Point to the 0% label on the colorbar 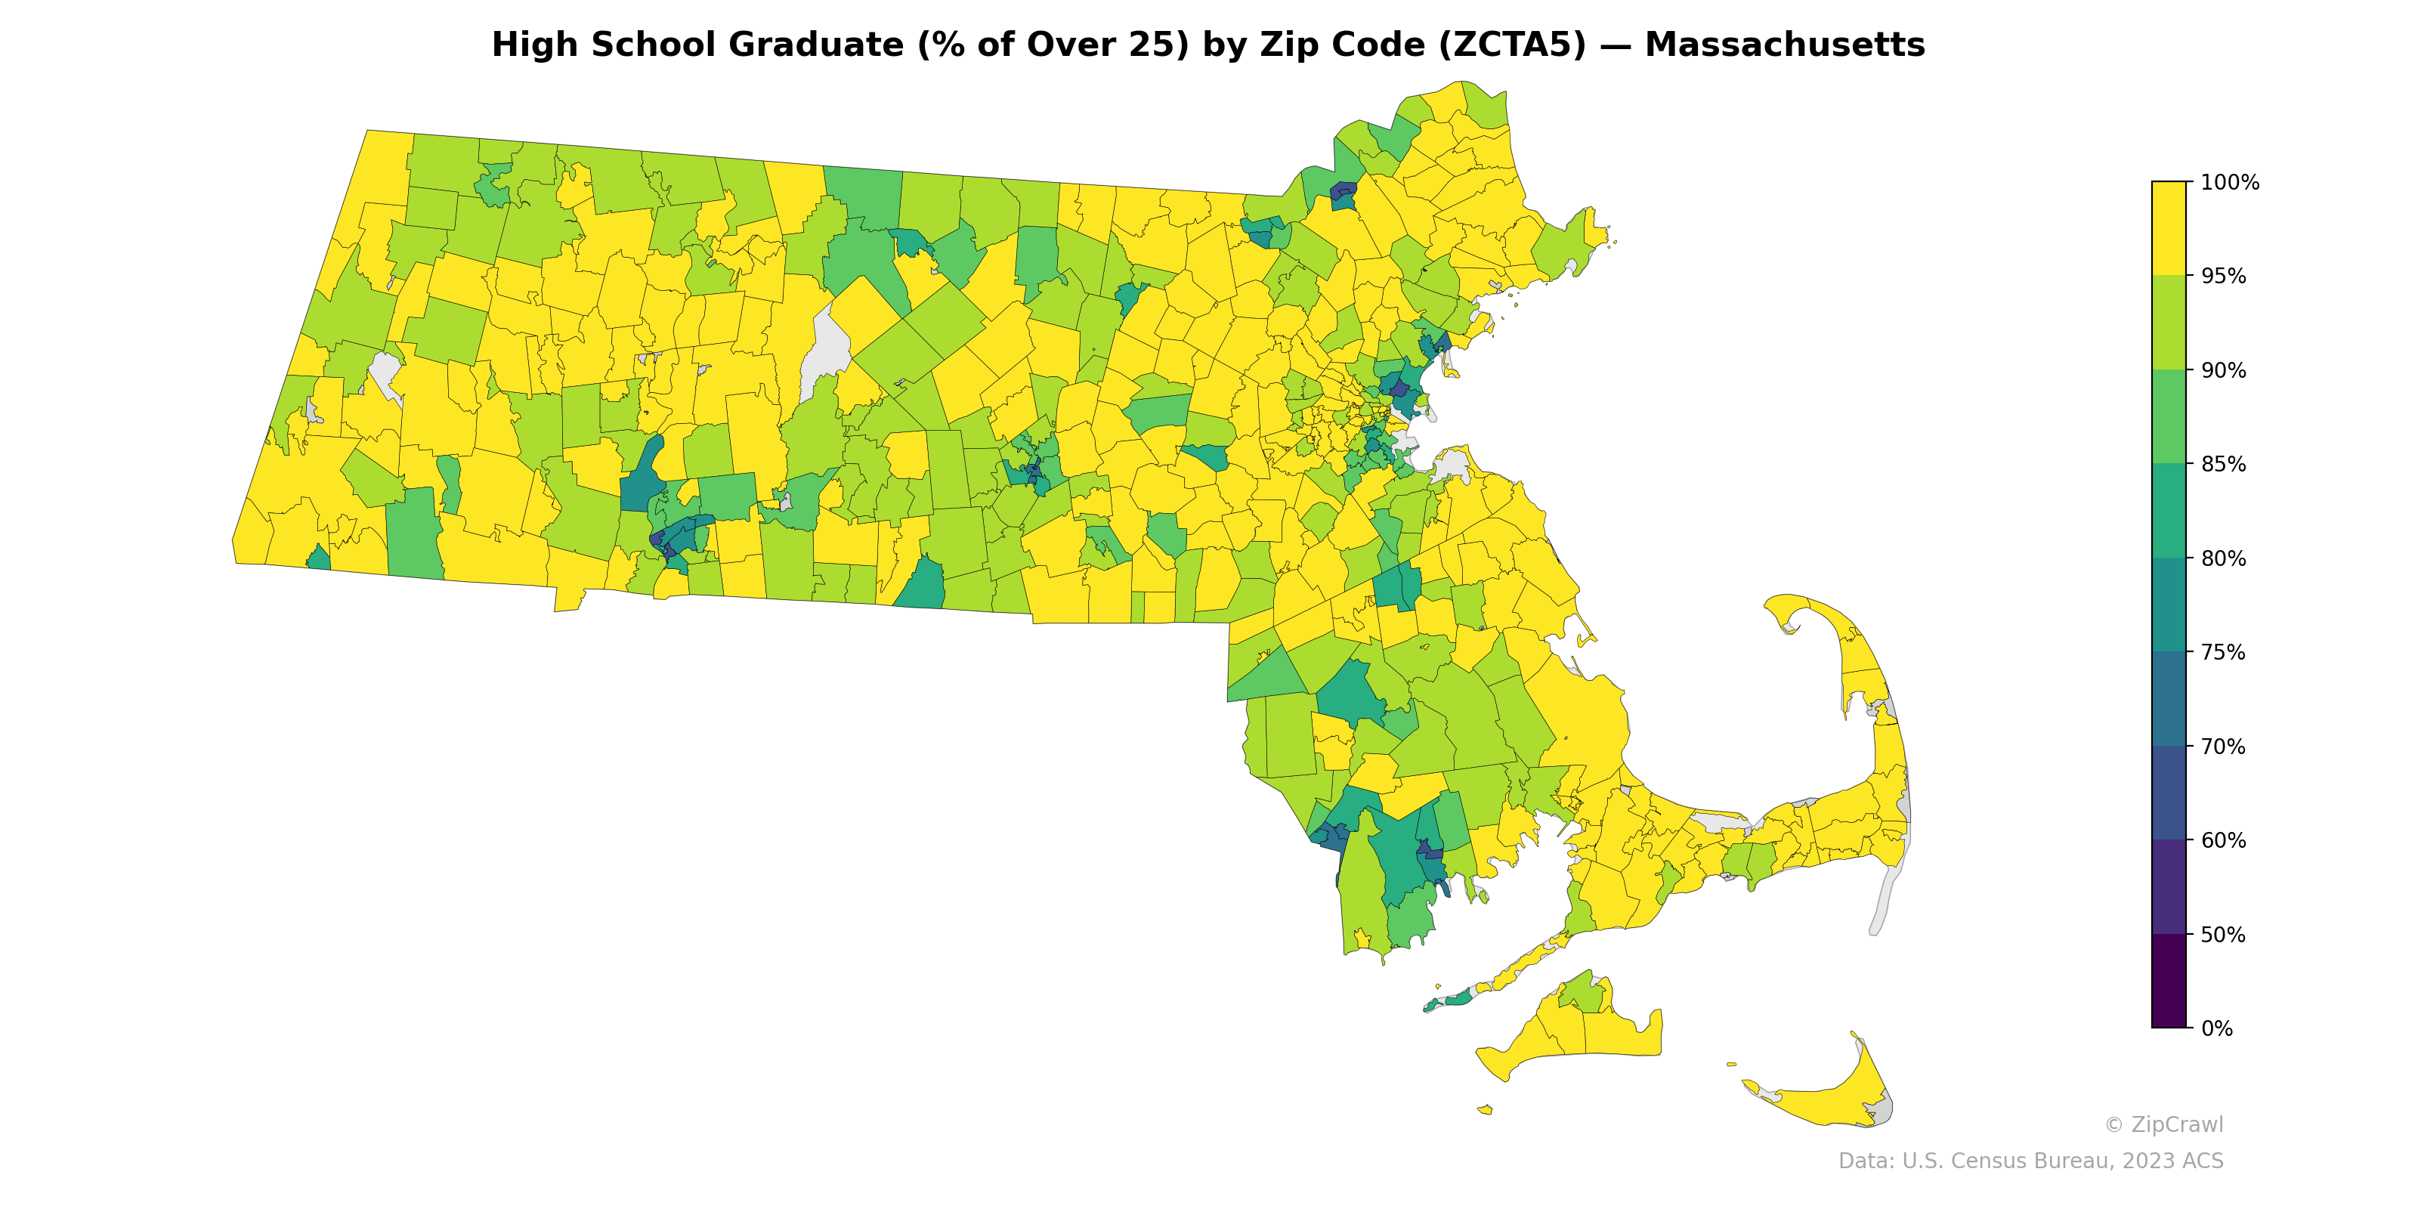pyautogui.click(x=2216, y=1028)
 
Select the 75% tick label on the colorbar pyautogui.click(x=2223, y=652)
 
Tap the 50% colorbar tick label pyautogui.click(x=2223, y=935)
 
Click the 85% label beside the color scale pyautogui.click(x=2223, y=465)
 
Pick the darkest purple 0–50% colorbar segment pyautogui.click(x=2169, y=981)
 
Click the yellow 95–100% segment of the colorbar pyautogui.click(x=2169, y=228)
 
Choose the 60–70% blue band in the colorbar pyautogui.click(x=2169, y=793)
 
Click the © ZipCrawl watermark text pyautogui.click(x=2163, y=1124)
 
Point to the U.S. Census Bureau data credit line pyautogui.click(x=2030, y=1161)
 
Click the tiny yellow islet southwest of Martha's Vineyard pyautogui.click(x=1485, y=1109)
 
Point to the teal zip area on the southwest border pyautogui.click(x=319, y=559)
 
